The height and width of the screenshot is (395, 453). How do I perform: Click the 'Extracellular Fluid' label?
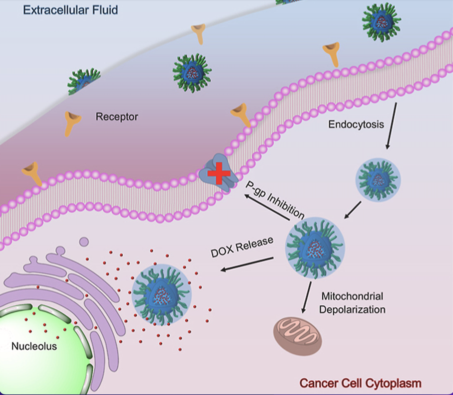70,10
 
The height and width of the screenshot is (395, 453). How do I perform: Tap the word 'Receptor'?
117,117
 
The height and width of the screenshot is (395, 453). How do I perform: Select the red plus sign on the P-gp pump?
219,173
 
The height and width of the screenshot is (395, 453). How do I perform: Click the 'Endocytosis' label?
356,124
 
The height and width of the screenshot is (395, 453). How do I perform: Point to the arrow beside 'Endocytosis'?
391,126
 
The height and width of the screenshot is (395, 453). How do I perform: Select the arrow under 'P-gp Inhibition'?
267,207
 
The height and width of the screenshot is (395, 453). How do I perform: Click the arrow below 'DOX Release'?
247,264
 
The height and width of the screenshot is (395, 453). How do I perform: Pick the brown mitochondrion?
298,337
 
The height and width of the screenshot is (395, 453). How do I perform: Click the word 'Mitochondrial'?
352,296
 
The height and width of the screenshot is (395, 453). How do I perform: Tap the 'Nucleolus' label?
34,346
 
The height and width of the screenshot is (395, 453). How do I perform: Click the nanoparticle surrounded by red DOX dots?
161,295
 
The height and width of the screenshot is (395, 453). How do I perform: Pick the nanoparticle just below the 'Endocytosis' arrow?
378,180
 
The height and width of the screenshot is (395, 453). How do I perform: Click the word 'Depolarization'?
352,310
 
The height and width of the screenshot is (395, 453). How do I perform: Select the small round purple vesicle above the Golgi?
84,242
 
